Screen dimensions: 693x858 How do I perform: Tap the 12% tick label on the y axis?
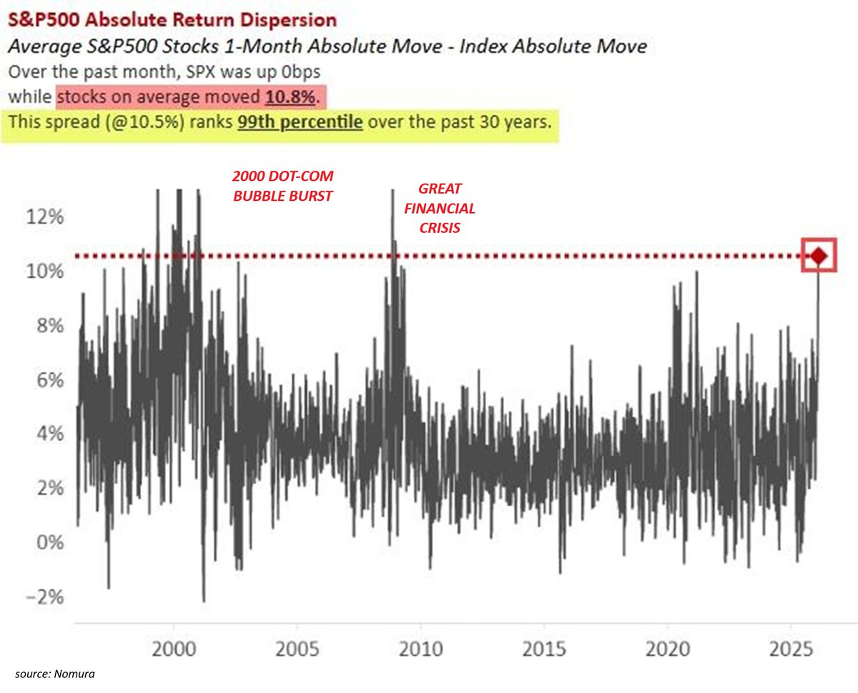coord(45,216)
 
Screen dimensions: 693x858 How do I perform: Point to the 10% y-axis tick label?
coord(45,271)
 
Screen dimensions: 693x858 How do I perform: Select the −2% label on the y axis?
coord(45,597)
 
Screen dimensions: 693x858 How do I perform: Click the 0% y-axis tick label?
coord(50,542)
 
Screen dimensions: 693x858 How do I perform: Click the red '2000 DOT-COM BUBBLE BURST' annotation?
coord(283,186)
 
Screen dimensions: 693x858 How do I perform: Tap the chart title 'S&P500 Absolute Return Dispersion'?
coord(162,19)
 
